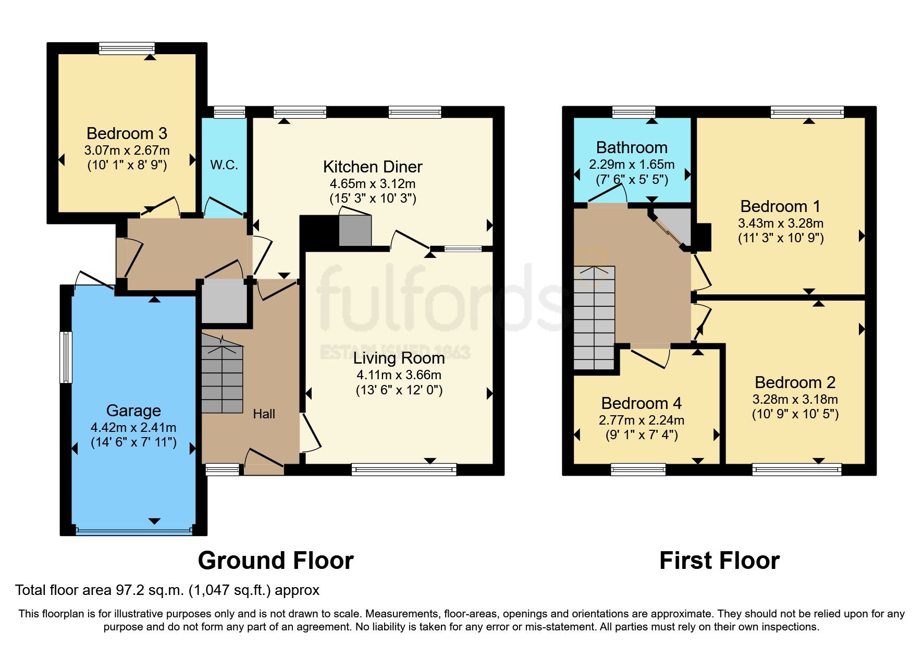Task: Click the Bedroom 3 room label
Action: click(x=127, y=133)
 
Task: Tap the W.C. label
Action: click(x=224, y=165)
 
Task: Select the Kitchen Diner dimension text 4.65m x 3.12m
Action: click(x=372, y=183)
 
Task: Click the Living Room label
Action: click(x=399, y=358)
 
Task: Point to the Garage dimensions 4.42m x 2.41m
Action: click(x=133, y=427)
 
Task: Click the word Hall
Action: click(x=264, y=414)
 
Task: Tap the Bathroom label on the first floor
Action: click(x=632, y=147)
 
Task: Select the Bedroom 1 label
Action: click(x=780, y=206)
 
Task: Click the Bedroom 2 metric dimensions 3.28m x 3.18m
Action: click(x=795, y=399)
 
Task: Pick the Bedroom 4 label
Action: click(x=641, y=403)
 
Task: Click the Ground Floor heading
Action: click(x=276, y=561)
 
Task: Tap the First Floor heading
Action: click(x=719, y=561)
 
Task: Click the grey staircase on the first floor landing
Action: click(x=594, y=318)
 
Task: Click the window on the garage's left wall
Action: click(x=66, y=357)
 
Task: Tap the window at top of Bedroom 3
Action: click(x=127, y=48)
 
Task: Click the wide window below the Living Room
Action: click(x=403, y=470)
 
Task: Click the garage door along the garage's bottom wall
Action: click(x=133, y=531)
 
